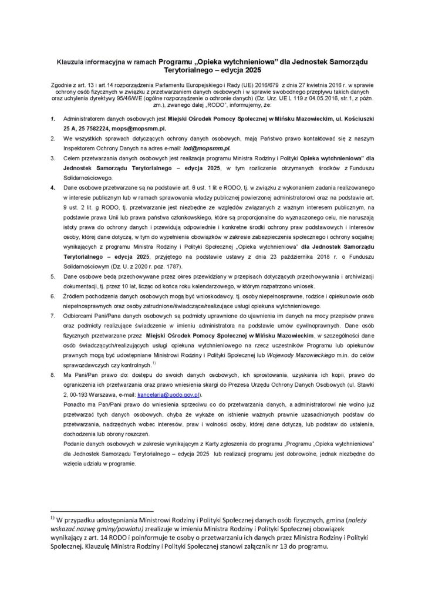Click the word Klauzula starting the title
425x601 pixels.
click(x=70, y=60)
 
